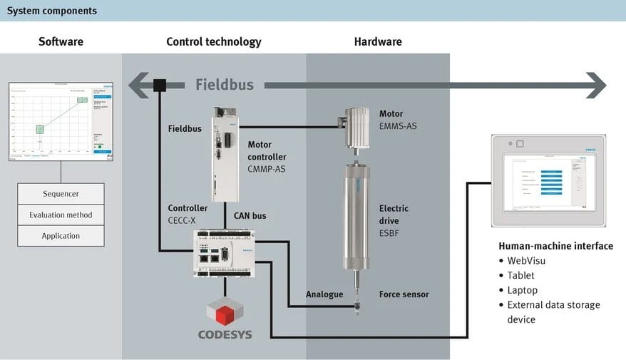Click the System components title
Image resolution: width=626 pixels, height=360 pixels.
(x=52, y=11)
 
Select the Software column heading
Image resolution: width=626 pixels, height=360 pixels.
(x=61, y=41)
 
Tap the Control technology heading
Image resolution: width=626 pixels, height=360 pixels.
(x=214, y=41)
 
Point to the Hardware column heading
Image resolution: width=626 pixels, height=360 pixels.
(x=378, y=41)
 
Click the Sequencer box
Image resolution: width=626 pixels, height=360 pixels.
(x=61, y=194)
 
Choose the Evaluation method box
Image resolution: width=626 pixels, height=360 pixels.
(x=61, y=215)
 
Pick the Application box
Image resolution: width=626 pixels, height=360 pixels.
(x=61, y=236)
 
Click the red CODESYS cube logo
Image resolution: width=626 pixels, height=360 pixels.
(x=225, y=312)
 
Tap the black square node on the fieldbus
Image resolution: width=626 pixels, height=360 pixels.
(x=160, y=86)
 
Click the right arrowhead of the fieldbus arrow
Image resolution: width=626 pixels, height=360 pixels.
(x=595, y=86)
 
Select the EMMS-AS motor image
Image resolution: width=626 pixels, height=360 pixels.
(x=356, y=126)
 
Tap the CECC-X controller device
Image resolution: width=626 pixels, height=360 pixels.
(x=225, y=252)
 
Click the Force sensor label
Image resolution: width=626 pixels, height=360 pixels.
(x=404, y=294)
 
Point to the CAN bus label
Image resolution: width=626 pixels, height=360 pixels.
(x=251, y=215)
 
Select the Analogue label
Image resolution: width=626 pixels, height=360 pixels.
(x=324, y=294)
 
